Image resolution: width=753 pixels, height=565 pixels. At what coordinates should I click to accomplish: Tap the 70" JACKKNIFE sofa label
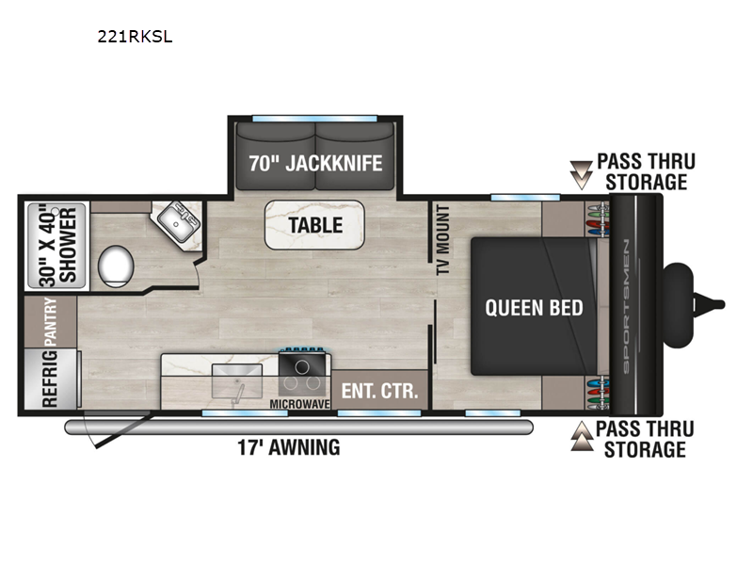[315, 163]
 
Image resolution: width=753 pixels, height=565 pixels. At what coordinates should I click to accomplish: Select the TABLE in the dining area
[315, 225]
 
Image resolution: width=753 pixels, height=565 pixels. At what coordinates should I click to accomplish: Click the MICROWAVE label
[303, 404]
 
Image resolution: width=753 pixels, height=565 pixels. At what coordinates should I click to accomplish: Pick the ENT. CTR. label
[379, 391]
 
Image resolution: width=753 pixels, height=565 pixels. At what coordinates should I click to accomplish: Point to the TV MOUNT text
[442, 240]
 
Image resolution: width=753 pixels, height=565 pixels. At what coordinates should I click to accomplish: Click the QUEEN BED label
[534, 307]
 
